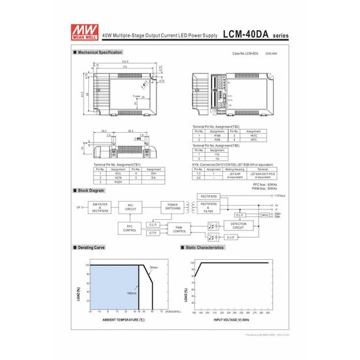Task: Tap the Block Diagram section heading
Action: (x=91, y=190)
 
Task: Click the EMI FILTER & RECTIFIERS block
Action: (x=100, y=207)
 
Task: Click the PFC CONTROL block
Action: (x=130, y=228)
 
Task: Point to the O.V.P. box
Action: (x=240, y=214)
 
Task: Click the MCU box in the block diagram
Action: (x=265, y=214)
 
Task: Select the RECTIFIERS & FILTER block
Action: (x=208, y=207)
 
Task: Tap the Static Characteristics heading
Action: (x=206, y=248)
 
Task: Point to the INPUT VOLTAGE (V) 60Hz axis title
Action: (x=232, y=320)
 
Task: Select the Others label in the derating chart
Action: (x=153, y=267)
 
